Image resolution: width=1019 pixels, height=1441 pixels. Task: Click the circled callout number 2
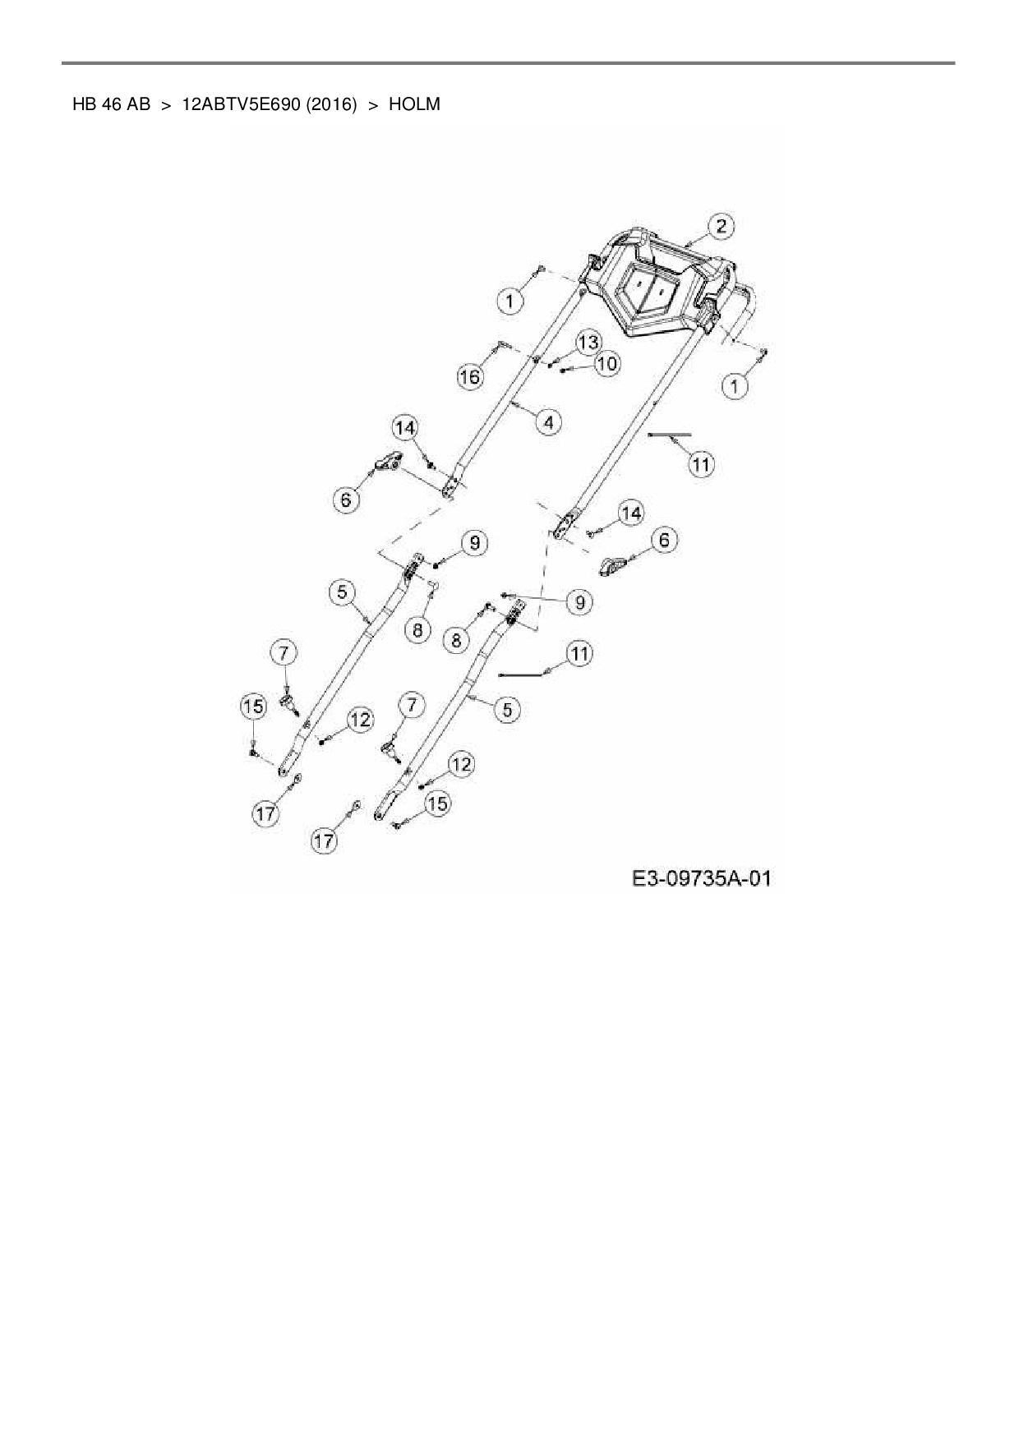point(721,226)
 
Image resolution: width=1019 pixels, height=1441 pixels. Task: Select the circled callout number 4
point(548,422)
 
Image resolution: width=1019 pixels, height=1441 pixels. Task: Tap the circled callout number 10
point(607,363)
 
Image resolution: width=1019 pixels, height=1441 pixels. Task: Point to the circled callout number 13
point(587,342)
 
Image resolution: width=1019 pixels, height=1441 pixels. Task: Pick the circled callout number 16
point(469,377)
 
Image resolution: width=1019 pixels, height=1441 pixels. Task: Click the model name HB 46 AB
point(111,104)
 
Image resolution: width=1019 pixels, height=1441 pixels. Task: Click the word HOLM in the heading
point(414,104)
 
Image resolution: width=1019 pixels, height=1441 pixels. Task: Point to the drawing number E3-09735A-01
point(702,878)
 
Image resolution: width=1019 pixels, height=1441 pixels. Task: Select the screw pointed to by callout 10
point(564,371)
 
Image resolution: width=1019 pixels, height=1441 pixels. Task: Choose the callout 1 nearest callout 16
point(509,302)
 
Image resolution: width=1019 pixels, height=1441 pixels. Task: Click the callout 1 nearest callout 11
point(735,386)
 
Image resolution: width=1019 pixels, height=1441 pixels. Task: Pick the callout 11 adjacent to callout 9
point(580,654)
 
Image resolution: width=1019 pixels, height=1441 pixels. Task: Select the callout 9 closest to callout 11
point(580,602)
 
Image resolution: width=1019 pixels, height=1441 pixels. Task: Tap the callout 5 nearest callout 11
point(507,708)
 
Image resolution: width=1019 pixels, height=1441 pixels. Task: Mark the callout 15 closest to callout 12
point(437,803)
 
